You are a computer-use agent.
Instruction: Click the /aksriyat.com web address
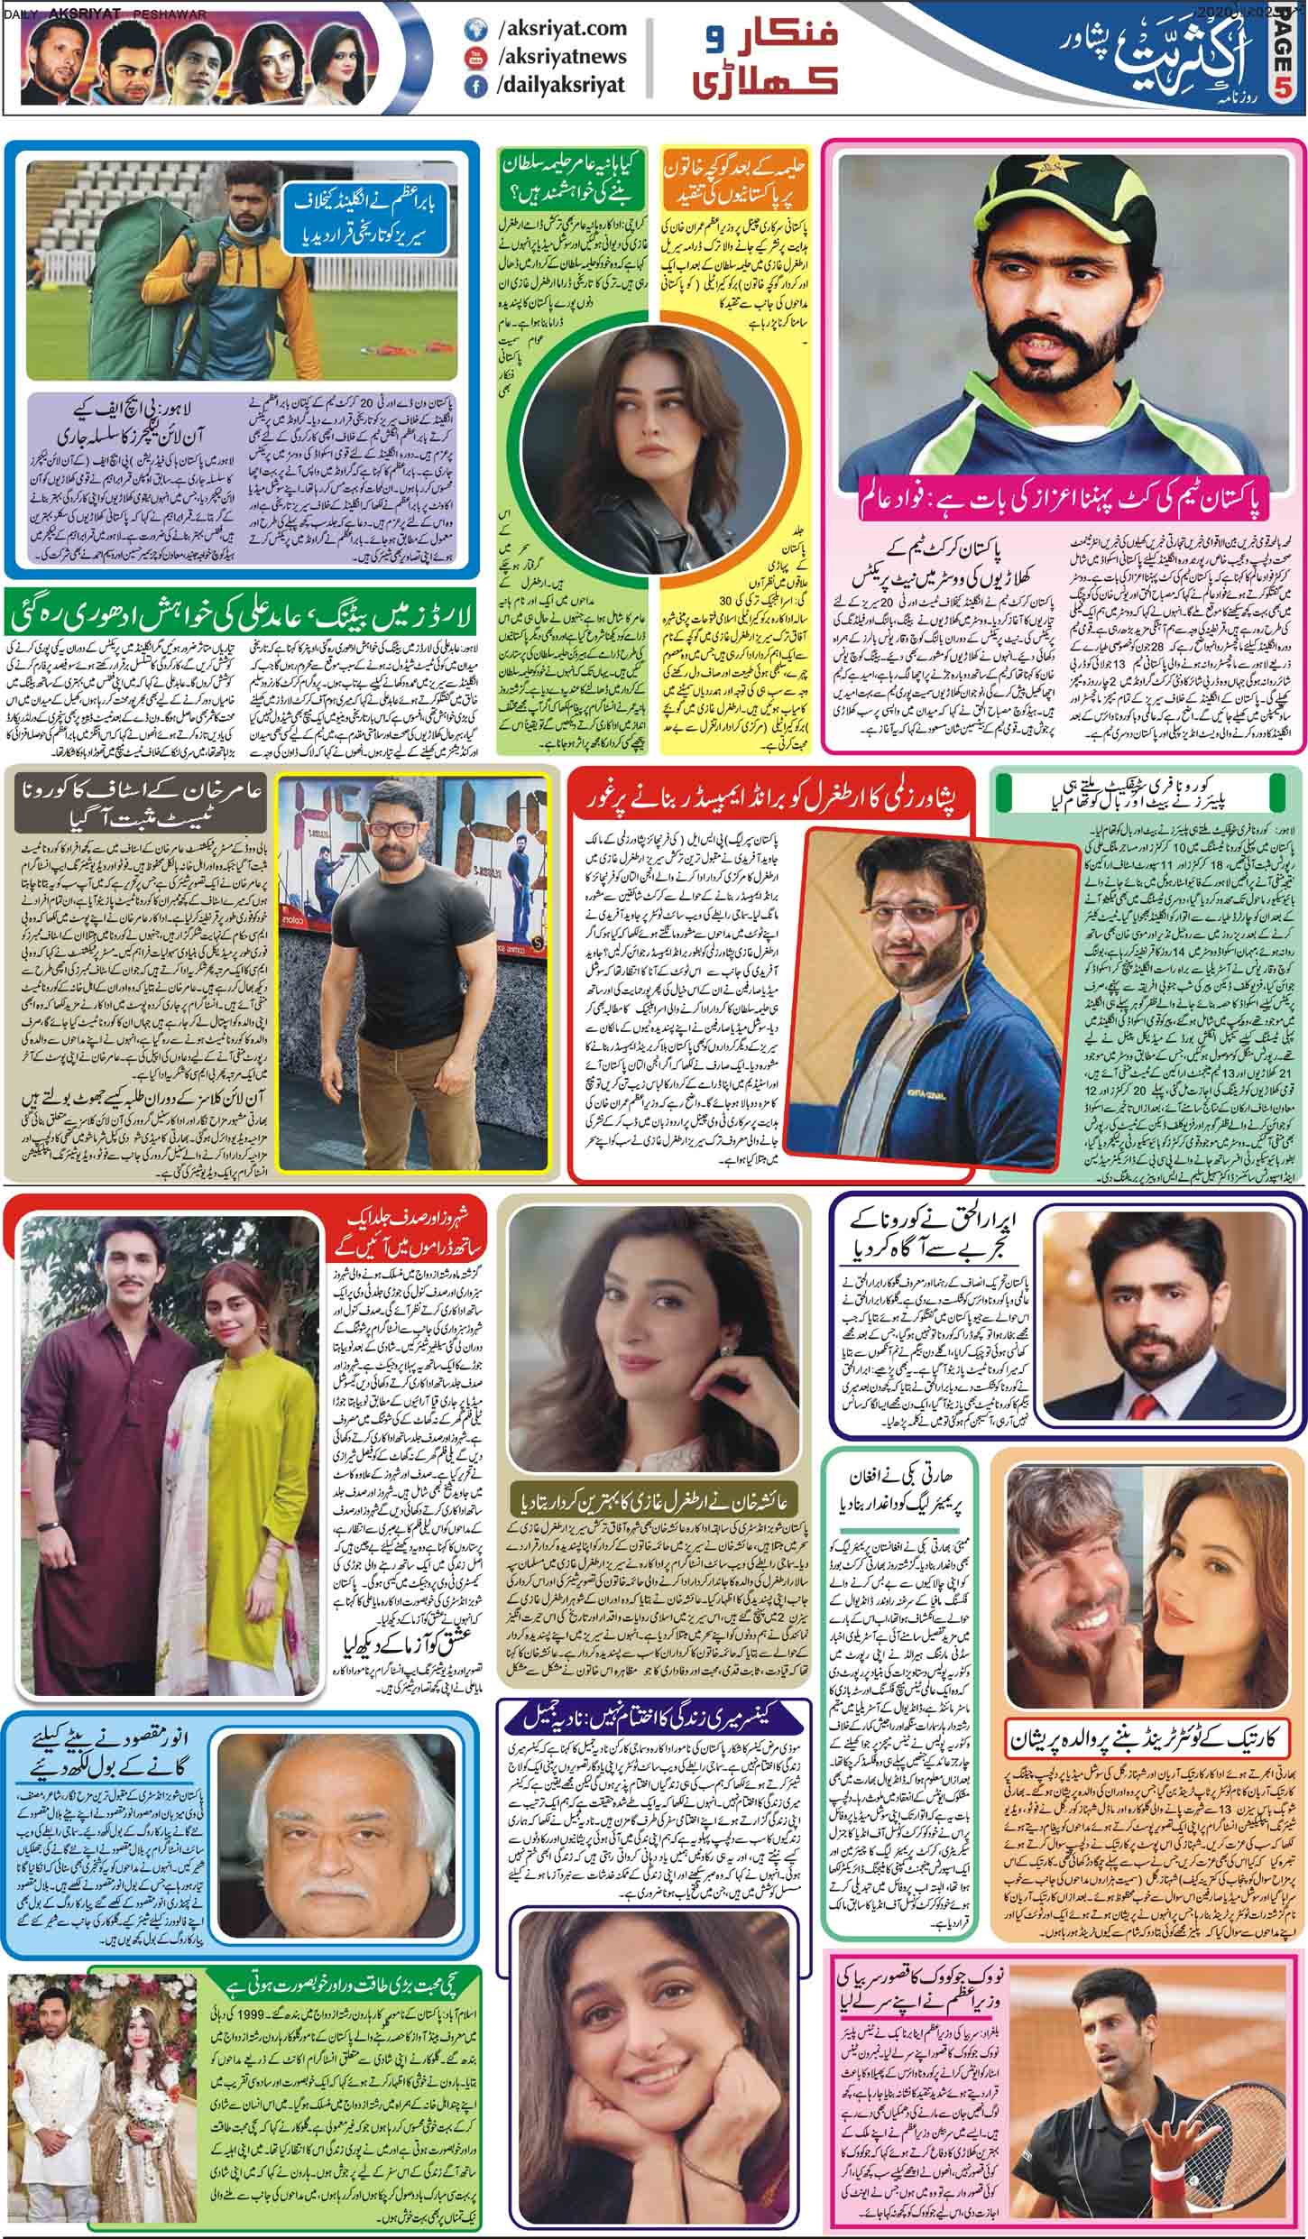click(x=560, y=30)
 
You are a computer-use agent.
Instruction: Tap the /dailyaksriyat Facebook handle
click(x=560, y=86)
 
